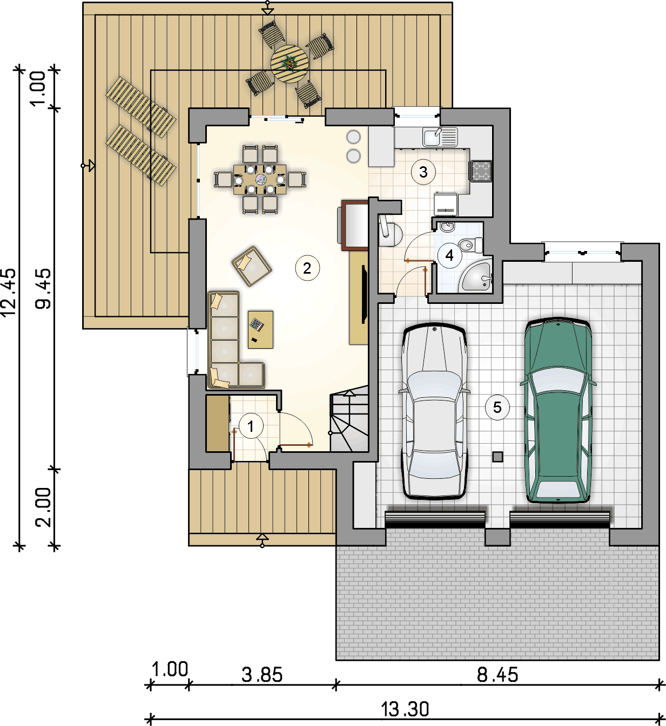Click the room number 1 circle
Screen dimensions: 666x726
[250, 426]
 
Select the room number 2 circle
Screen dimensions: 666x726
[307, 268]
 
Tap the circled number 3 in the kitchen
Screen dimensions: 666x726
[423, 172]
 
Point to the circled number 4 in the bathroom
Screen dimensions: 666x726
[449, 255]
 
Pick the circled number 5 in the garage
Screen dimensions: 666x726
[497, 408]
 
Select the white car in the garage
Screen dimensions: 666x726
[435, 411]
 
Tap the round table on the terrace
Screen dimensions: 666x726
[290, 64]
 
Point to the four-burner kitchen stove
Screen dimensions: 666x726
[481, 171]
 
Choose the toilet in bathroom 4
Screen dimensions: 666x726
[470, 245]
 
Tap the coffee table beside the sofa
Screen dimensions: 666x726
[260, 329]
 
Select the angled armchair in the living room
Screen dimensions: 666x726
[252, 266]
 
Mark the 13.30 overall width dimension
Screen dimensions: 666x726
[405, 709]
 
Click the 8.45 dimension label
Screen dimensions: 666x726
[497, 675]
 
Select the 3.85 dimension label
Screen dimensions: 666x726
[262, 675]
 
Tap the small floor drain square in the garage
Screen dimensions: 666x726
[497, 457]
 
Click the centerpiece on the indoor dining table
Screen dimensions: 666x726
[260, 179]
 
